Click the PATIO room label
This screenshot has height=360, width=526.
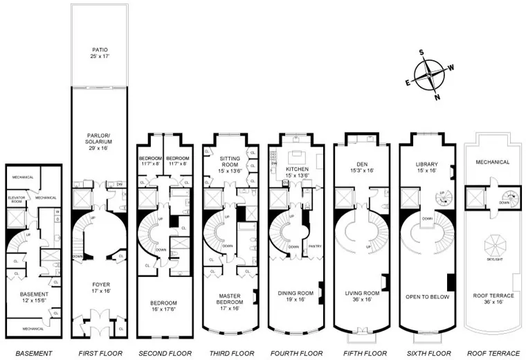coord(100,54)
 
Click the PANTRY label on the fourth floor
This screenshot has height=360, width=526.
coord(313,246)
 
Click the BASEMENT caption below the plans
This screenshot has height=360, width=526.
coord(33,353)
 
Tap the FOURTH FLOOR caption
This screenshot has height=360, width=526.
coord(296,353)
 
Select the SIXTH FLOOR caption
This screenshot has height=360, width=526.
coord(426,353)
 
